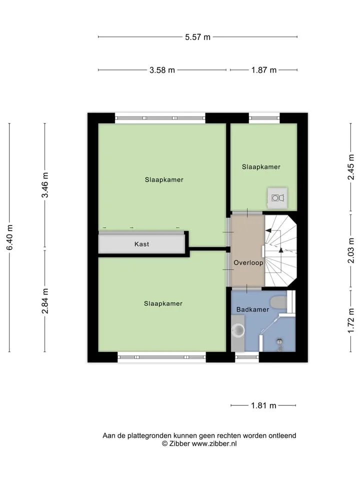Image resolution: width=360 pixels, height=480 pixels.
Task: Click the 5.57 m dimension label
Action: [198, 37]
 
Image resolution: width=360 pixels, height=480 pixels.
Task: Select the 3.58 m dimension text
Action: [162, 70]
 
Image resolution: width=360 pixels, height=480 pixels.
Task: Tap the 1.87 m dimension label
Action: [264, 70]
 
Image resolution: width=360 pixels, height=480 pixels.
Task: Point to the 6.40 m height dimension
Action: [9, 237]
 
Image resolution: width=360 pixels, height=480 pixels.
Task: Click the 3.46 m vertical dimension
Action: [45, 185]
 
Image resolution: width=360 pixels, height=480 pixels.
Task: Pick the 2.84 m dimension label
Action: [45, 301]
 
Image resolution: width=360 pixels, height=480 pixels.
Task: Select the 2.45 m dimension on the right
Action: [351, 167]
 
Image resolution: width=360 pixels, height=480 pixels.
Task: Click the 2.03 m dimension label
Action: [351, 250]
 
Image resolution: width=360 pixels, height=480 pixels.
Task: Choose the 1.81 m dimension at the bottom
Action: [263, 405]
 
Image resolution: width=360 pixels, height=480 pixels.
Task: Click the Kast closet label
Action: [141, 244]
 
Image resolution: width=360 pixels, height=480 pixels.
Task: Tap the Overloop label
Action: [248, 262]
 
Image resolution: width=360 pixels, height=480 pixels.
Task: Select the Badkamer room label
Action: [253, 309]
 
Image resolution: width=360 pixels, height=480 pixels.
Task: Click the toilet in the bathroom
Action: [279, 302]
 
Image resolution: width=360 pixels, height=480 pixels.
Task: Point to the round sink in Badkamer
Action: [238, 330]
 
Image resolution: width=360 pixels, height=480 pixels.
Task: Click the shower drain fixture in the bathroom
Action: [279, 340]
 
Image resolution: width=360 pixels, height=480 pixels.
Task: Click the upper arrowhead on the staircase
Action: [268, 231]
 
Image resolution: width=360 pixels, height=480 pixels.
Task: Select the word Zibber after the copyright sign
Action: [179, 443]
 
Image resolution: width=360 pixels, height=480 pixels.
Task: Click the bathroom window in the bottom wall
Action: [247, 357]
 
